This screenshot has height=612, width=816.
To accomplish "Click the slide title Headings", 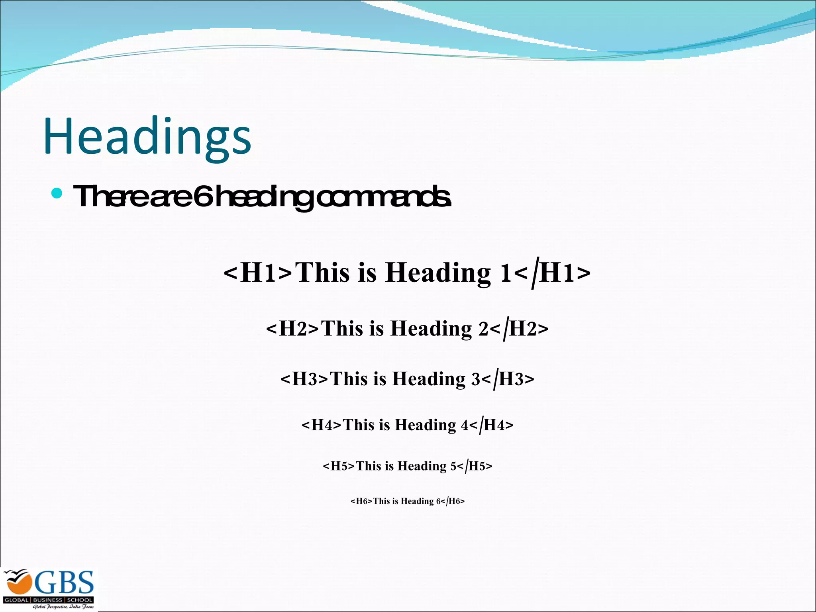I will (147, 136).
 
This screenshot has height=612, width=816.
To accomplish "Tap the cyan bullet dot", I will (57, 194).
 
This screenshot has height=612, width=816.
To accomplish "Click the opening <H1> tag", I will (258, 273).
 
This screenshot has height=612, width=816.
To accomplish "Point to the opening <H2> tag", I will (293, 329).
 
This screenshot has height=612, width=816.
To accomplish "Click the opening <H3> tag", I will (305, 379).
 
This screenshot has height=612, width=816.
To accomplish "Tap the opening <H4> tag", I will (322, 425).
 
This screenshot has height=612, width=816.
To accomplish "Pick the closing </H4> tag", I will (491, 425).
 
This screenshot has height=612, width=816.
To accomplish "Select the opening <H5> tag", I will (339, 466).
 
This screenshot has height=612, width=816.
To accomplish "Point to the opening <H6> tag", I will (361, 501).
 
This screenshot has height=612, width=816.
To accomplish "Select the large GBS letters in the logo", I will (64, 583).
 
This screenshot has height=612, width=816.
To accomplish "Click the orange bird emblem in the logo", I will (18, 583).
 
